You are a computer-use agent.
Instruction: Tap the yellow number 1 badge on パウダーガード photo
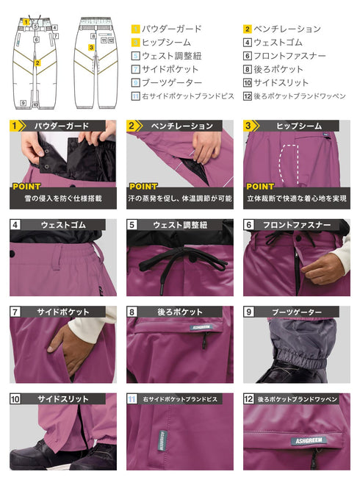pyautogui.click(x=15, y=126)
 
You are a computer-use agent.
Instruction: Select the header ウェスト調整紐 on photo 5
pyautogui.click(x=177, y=225)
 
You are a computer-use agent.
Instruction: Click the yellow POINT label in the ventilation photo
pyautogui.click(x=143, y=187)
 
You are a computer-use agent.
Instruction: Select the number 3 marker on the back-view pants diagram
pyautogui.click(x=90, y=47)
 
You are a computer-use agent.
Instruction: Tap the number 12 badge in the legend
pyautogui.click(x=248, y=96)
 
